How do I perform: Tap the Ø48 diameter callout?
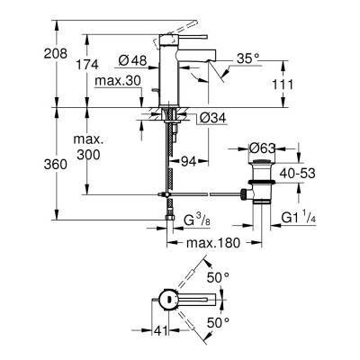click(x=132, y=61)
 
